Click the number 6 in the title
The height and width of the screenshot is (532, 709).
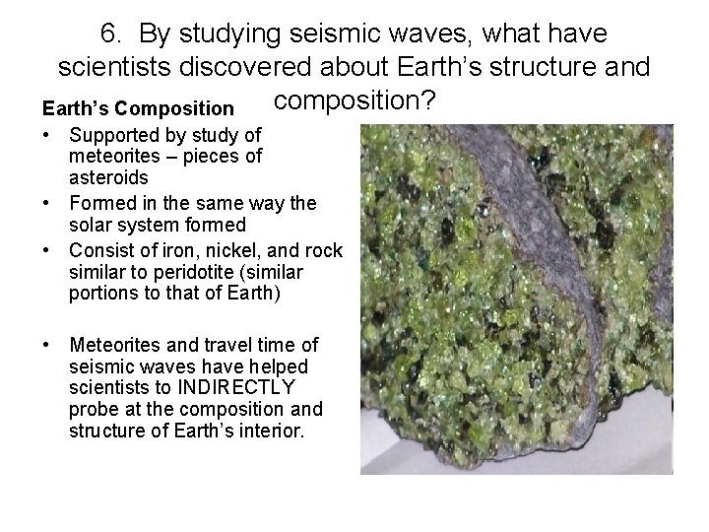pyautogui.click(x=108, y=34)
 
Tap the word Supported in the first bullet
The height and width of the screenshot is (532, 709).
pyautogui.click(x=111, y=134)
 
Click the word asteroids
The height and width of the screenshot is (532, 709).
pyautogui.click(x=108, y=177)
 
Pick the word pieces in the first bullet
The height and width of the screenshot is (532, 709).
pyautogui.click(x=216, y=156)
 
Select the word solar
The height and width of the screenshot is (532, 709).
pyautogui.click(x=91, y=226)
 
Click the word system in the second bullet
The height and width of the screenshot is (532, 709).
pyautogui.click(x=151, y=226)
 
